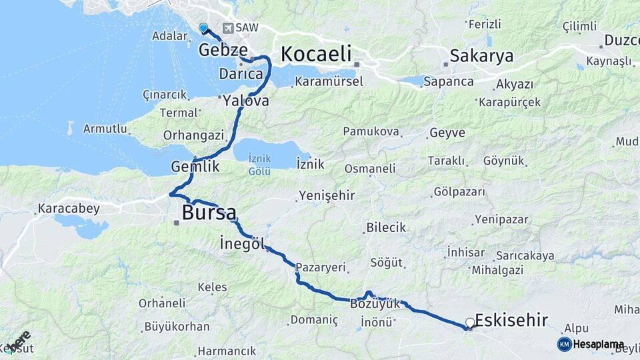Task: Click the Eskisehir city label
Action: point(511,320)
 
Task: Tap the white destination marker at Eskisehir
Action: point(470,323)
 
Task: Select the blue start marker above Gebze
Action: point(203,27)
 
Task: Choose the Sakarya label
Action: point(481,55)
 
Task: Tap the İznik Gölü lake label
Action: point(259,165)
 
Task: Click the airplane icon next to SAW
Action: point(228,28)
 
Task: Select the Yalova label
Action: point(246,101)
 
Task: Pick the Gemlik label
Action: point(195,167)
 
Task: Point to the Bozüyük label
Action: point(375,304)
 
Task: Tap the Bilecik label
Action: point(386,228)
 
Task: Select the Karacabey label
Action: point(69,209)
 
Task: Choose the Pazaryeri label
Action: point(321,267)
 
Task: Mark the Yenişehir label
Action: point(327,195)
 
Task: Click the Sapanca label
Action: point(451,82)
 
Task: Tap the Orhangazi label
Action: point(193,135)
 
